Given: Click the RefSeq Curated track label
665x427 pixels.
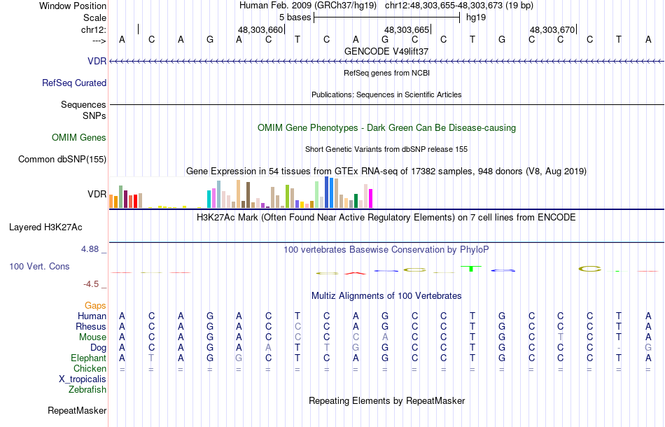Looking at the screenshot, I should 74,83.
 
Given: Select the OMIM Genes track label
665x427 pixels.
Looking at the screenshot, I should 79,137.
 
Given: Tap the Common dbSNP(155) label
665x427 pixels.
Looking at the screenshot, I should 62,159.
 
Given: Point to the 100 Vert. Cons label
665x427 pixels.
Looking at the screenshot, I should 39,267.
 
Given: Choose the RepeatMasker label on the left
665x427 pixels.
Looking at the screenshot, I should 77,410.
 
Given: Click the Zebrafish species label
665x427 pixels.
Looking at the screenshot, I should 87,389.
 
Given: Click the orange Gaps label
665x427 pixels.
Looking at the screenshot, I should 95,305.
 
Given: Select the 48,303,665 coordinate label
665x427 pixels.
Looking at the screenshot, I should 407,30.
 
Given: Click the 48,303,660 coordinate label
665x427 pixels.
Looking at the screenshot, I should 260,30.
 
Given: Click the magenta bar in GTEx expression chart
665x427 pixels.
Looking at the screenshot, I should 370,198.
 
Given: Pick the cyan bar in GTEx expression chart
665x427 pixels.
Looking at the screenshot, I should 209,199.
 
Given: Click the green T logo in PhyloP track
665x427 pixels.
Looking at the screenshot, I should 472,267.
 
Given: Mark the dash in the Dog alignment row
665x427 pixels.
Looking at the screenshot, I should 619,348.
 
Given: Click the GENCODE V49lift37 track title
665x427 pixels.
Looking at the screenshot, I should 386,51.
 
